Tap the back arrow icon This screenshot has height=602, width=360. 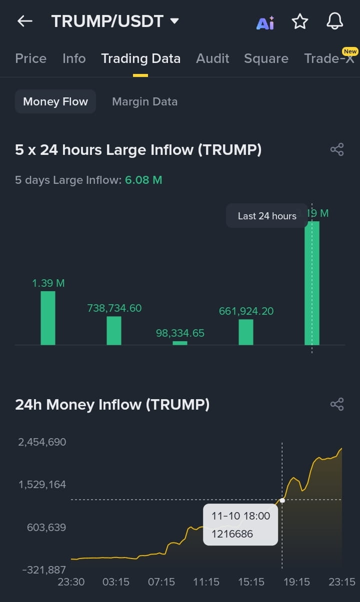coord(24,21)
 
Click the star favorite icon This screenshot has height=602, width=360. coord(300,21)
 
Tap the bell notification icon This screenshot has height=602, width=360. coord(334,21)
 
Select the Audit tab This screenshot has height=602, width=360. coord(212,58)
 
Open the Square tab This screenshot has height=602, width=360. coord(266,58)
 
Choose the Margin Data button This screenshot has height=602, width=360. coord(144,101)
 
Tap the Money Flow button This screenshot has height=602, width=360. coord(55,101)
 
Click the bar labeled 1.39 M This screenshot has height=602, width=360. coord(48,318)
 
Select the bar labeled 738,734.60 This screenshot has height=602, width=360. coord(114,330)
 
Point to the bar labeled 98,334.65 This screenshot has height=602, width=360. coord(180,343)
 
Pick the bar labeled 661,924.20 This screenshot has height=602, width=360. coord(246,332)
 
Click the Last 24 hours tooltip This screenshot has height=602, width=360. coord(267,216)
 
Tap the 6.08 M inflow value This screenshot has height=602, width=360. coord(143,180)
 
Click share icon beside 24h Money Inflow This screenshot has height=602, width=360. coord(337,404)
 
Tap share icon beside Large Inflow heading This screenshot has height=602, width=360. coord(337,149)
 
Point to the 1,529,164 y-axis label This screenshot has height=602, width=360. coord(42,485)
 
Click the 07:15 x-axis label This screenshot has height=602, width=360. coord(161,582)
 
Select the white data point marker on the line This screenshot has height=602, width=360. coord(282,500)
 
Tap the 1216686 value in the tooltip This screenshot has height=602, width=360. coord(232,534)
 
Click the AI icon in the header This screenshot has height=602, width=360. coord(265,22)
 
